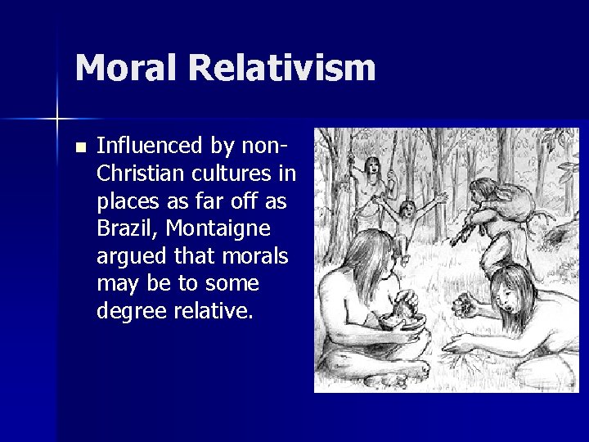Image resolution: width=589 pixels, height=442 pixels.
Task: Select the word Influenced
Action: pyautogui.click(x=151, y=147)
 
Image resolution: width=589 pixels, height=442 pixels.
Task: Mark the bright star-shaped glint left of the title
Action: pyautogui.click(x=58, y=120)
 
